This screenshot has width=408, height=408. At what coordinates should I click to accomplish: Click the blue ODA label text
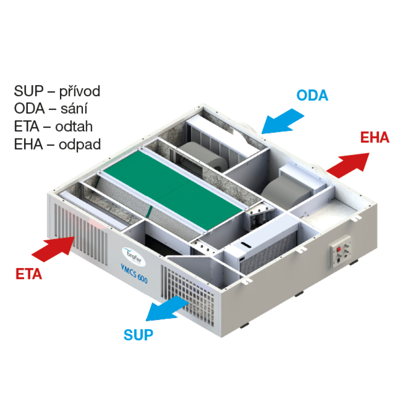pos(312,95)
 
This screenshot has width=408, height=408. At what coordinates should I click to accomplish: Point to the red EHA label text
pos(375,137)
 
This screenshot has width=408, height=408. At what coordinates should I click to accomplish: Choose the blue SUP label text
pos(138,335)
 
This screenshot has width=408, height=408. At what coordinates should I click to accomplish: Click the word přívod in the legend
pos(80,91)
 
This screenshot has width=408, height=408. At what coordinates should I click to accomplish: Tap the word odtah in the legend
pos(75,126)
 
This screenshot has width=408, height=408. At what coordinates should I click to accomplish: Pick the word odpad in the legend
pos(80,144)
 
